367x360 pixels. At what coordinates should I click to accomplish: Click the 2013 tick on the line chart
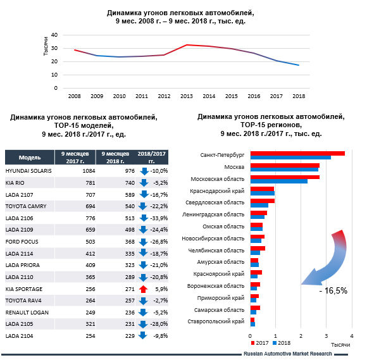pos(186,97)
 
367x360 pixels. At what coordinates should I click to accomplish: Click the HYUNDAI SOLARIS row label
pos(29,171)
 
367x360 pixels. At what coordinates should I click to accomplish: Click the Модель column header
pos(29,156)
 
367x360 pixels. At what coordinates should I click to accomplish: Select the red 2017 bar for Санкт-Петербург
pos(297,153)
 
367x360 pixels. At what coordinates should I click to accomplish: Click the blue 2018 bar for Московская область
pos(278,182)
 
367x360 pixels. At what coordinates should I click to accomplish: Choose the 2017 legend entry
pos(259,342)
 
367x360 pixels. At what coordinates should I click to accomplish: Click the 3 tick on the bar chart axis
pos(326,333)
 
